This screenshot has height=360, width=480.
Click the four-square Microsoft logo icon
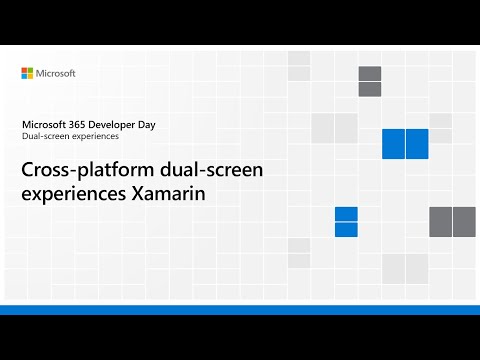pos(28,73)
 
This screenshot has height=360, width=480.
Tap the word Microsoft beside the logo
pos(57,73)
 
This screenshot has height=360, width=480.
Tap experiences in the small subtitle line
pos(94,136)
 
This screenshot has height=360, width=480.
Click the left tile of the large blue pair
pos(393,144)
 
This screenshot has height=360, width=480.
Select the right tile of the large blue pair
pos(417,144)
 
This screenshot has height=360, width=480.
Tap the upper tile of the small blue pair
pos(346,214)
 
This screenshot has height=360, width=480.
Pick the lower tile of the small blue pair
pos(346,229)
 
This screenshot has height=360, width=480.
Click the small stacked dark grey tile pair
pos(370,82)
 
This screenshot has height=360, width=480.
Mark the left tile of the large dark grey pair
pos(440,221)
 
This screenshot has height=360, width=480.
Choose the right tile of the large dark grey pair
pos(464,221)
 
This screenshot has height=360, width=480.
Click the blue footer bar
pos(240,310)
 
